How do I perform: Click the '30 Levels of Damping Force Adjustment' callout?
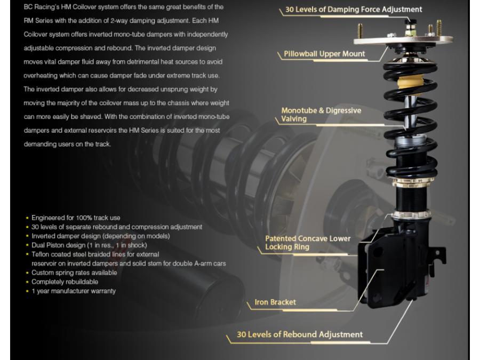click(353, 10)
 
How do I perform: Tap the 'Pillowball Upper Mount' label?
click(324, 54)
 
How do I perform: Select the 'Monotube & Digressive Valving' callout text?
click(321, 115)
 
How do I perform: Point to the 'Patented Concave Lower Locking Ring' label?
click(308, 243)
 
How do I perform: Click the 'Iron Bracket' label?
click(275, 302)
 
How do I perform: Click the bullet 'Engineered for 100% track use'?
click(75, 218)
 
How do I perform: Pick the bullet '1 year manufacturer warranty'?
click(73, 291)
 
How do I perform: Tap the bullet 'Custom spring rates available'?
click(74, 273)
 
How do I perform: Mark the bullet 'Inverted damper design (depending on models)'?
click(100, 236)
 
